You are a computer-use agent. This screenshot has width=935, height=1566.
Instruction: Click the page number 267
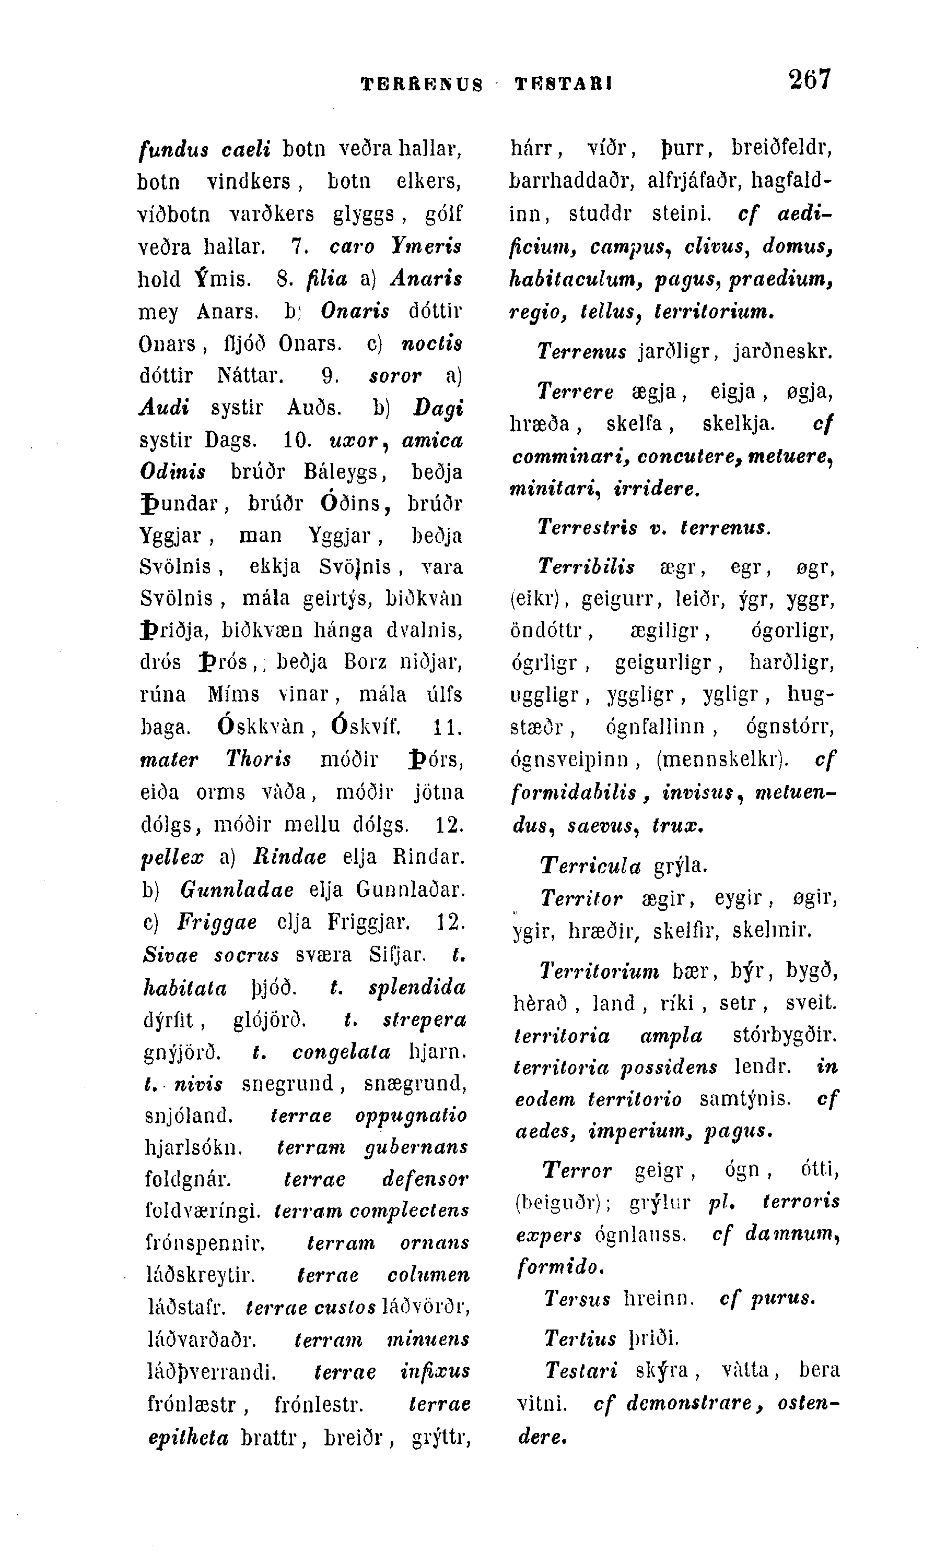coord(810,80)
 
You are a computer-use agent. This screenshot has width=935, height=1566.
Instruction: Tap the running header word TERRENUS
coord(422,84)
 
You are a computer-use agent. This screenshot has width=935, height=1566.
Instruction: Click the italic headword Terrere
coord(575,393)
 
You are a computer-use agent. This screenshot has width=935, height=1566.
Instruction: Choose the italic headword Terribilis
coord(586,567)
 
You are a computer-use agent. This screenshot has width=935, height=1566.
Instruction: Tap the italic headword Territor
coord(581,898)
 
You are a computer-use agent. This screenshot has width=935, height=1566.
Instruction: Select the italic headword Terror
coord(577,1170)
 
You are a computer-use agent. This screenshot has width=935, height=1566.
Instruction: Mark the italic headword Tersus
coord(577,1298)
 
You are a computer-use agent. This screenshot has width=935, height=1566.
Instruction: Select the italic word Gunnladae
coord(237,889)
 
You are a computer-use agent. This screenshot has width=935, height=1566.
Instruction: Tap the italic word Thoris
coord(259,760)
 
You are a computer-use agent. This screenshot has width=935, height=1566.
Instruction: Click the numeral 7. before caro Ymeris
coord(299,246)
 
